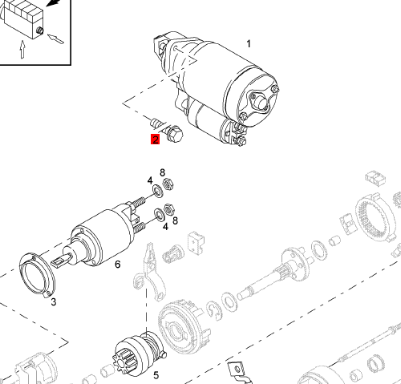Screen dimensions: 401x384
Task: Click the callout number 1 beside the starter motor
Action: tap(249, 44)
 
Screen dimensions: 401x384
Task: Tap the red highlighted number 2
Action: tap(155, 139)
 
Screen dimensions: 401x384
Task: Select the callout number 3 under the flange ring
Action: tap(54, 302)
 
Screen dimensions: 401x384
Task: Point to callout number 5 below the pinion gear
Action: tap(156, 375)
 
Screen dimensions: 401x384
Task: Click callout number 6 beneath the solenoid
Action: tap(118, 265)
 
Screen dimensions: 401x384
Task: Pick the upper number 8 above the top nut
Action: tap(163, 173)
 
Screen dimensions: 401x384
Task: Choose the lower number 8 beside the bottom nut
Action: tap(175, 220)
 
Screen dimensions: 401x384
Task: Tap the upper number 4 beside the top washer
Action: tap(150, 180)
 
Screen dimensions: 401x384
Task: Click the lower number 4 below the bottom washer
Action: tap(166, 227)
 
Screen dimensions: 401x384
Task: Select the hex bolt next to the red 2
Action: tap(173, 133)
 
